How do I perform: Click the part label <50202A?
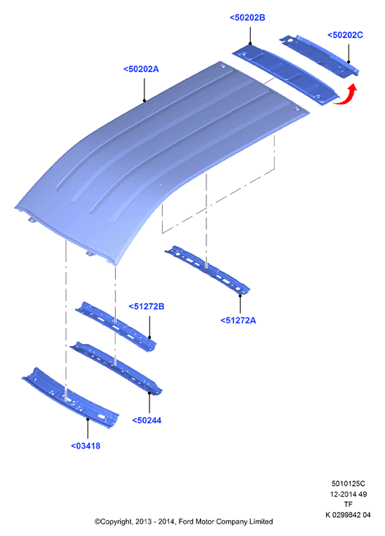pyautogui.click(x=141, y=69)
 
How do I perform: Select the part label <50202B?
pyautogui.click(x=247, y=17)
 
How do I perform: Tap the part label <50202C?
pyautogui.click(x=345, y=35)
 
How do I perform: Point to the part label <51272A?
pyautogui.click(x=238, y=320)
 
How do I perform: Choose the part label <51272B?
pyautogui.click(x=146, y=307)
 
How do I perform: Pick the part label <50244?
pyautogui.click(x=147, y=420)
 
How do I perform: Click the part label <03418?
pyautogui.click(x=85, y=446)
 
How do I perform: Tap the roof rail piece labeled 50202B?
pyautogui.click(x=285, y=75)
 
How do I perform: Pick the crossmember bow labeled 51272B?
pyautogui.click(x=116, y=326)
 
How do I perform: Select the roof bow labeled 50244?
pyautogui.click(x=117, y=368)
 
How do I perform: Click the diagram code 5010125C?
pyautogui.click(x=348, y=484)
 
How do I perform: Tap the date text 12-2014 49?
pyautogui.click(x=348, y=494)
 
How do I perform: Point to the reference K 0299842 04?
pyautogui.click(x=348, y=514)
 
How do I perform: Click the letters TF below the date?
pyautogui.click(x=348, y=504)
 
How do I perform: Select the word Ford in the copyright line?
pyautogui.click(x=186, y=521)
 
